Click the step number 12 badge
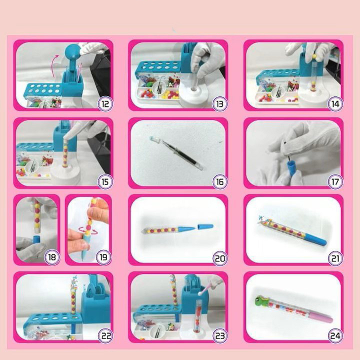[104, 104]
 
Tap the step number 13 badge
[219, 104]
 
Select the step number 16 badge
[219, 181]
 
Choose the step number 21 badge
[335, 258]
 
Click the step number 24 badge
[335, 335]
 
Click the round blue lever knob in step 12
[72, 50]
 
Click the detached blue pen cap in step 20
[205, 226]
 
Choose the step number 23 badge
[219, 335]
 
